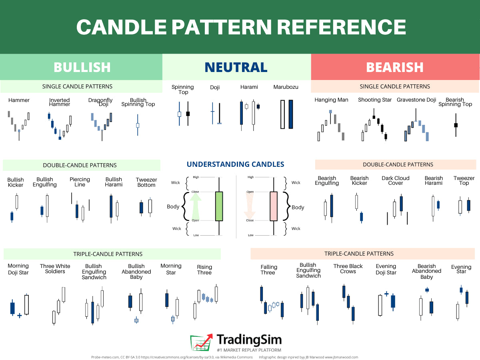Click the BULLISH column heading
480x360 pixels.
(82, 67)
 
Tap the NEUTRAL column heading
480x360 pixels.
(236, 67)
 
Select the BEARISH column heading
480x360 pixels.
(395, 67)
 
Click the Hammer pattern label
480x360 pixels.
(19, 100)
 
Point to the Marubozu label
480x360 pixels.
(286, 87)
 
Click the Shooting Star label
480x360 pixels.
(374, 100)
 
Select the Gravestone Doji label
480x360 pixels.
(416, 100)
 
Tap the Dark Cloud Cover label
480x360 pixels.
(395, 181)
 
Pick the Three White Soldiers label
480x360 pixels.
(55, 269)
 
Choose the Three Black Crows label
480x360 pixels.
(348, 269)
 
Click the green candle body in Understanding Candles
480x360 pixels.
(219, 206)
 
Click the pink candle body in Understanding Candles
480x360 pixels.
(274, 206)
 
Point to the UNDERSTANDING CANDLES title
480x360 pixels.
(235, 164)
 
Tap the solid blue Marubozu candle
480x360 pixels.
(291, 114)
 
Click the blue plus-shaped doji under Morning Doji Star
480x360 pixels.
(20, 316)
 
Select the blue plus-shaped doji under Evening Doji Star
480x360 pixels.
(386, 294)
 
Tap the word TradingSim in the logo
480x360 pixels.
(249, 340)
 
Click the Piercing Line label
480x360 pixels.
(80, 182)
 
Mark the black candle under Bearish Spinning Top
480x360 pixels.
(456, 125)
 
